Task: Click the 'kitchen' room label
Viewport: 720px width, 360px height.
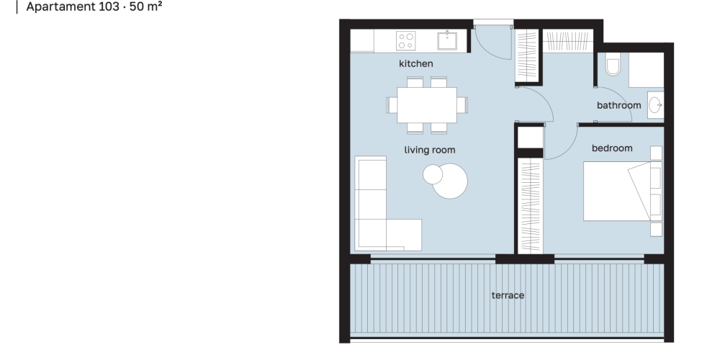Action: pos(415,63)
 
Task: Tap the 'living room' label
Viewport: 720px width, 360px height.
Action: pos(430,150)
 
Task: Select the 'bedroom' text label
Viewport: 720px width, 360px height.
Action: pos(612,148)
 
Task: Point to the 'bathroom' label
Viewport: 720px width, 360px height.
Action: pos(619,105)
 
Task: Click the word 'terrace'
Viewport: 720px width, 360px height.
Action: pos(508,295)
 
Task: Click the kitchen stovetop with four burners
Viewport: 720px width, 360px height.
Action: pos(405,40)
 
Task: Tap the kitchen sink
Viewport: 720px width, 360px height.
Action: pos(447,40)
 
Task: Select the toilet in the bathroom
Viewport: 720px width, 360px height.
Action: pos(613,64)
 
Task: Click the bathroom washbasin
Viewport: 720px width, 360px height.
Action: pos(655,105)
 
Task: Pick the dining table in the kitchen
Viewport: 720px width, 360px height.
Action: pos(427,105)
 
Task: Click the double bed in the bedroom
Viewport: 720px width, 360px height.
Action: pos(623,191)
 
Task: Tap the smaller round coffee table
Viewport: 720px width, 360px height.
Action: pos(433,174)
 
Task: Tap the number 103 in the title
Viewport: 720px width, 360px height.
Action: pos(109,7)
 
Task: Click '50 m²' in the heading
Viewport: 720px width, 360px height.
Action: pos(146,6)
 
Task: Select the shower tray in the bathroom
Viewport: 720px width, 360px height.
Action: pos(646,70)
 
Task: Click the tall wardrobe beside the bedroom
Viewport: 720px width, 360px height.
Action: pos(531,206)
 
